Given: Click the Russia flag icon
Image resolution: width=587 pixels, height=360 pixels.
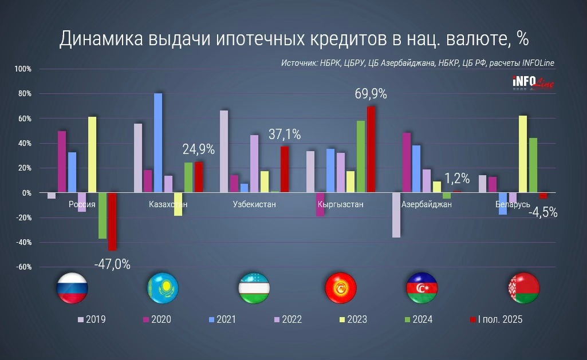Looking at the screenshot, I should pyautogui.click(x=72, y=288).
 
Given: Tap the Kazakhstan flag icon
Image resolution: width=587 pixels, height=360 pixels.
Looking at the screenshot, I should pyautogui.click(x=163, y=288).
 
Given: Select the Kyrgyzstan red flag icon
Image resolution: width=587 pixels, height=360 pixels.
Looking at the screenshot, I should pyautogui.click(x=340, y=288).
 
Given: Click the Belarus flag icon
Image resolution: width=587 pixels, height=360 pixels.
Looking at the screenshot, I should pyautogui.click(x=524, y=288).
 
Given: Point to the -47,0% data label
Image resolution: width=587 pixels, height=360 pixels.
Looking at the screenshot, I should pyautogui.click(x=112, y=264).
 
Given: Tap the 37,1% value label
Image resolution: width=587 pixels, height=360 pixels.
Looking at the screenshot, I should pyautogui.click(x=285, y=135).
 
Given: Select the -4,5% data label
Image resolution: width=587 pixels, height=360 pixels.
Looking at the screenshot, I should pyautogui.click(x=542, y=212).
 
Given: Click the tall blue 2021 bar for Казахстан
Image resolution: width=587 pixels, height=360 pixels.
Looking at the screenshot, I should pyautogui.click(x=158, y=143).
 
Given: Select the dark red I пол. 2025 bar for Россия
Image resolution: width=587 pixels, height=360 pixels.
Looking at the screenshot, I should pyautogui.click(x=112, y=221).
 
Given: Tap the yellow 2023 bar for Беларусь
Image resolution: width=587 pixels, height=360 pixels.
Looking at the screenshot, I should pyautogui.click(x=523, y=155).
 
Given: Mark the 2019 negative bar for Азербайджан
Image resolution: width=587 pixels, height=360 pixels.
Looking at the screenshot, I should pyautogui.click(x=396, y=215).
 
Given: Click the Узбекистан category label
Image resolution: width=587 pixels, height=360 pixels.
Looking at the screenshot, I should pyautogui.click(x=254, y=204).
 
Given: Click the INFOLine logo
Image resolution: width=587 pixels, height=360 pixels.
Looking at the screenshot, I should pyautogui.click(x=533, y=84).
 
